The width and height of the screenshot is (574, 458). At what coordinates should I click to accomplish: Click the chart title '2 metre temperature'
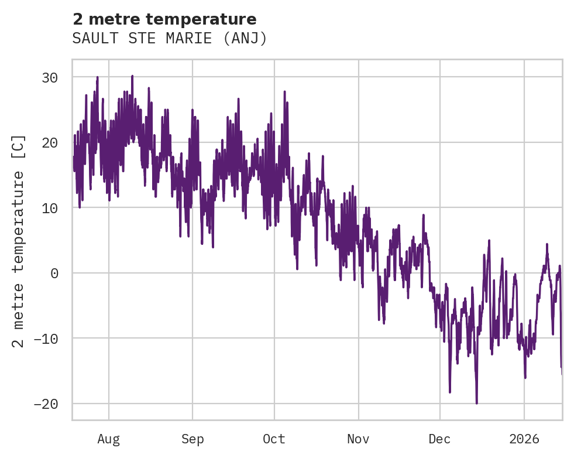coord(164,19)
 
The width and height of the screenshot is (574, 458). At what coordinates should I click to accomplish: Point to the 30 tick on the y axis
coord(53,77)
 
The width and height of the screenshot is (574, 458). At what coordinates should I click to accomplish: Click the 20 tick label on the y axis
coord(53,142)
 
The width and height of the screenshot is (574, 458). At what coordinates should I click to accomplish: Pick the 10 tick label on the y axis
coord(53,208)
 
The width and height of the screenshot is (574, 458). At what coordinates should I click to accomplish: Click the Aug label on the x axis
coord(108,439)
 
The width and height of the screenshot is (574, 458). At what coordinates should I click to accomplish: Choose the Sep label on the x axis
coord(193,439)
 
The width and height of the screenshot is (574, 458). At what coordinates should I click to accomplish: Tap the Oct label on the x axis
coord(274,439)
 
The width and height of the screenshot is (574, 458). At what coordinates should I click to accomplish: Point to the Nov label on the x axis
coord(358,439)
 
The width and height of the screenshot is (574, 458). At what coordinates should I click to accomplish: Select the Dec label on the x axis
coord(439,439)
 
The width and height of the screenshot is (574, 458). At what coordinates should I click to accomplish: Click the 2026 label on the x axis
coord(524,439)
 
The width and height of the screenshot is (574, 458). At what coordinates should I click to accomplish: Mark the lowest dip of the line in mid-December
coord(476,402)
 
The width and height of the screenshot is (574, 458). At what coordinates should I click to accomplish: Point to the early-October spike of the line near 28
coord(284,92)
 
